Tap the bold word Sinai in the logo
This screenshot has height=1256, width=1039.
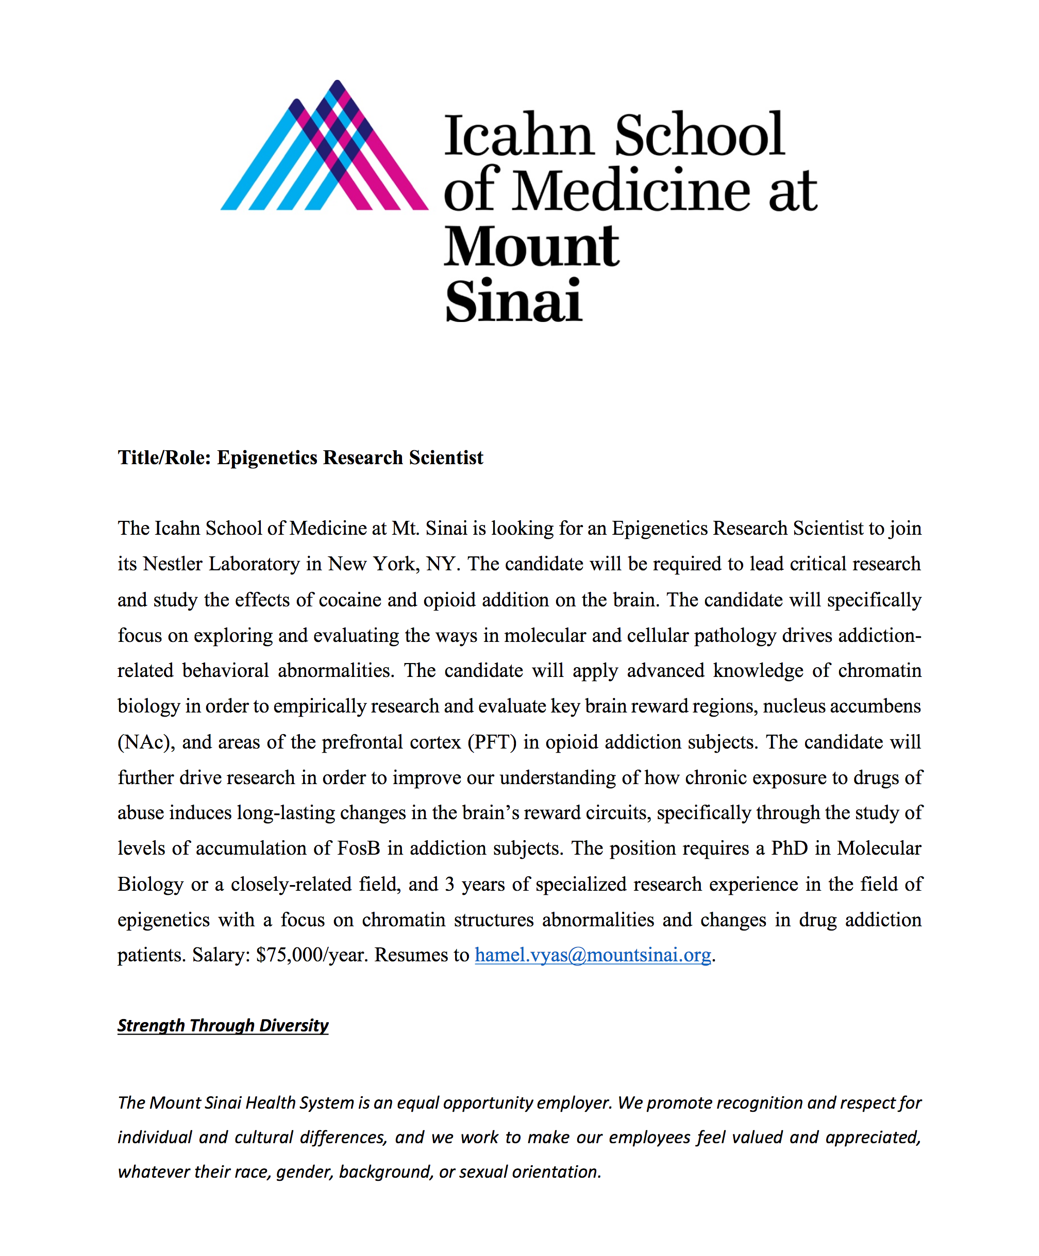point(513,301)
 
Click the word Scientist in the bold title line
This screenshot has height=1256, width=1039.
point(446,457)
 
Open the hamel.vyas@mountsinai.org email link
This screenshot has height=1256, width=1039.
point(592,955)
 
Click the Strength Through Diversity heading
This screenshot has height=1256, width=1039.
point(223,1025)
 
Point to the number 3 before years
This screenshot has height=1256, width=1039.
point(449,884)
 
